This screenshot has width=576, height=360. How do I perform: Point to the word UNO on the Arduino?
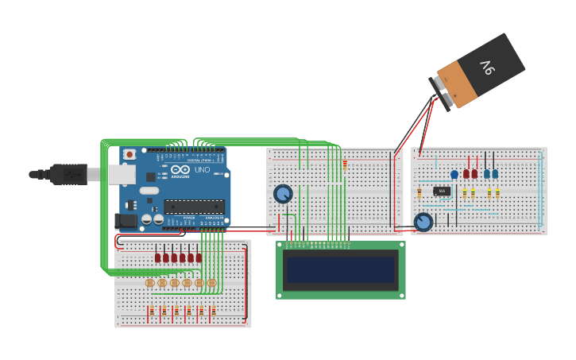point(203,170)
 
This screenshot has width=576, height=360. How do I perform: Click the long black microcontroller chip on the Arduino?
point(194,207)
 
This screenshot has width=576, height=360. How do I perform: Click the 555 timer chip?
point(443,191)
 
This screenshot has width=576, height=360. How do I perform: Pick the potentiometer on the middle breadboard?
point(283,193)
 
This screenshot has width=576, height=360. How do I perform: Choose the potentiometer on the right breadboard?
point(424,222)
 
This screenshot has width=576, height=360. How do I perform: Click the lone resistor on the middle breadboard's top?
point(345,164)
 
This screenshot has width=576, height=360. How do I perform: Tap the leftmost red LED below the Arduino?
point(158,257)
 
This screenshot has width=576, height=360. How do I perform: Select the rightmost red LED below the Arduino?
point(199,257)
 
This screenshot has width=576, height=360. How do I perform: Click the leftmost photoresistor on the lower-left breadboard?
point(149,283)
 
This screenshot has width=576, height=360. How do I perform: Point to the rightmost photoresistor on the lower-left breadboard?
point(211,283)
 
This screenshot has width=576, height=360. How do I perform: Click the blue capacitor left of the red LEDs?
point(454,174)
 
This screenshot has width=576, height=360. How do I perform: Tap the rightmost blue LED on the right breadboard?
point(495,173)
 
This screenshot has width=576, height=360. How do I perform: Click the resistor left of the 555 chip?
point(419,193)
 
